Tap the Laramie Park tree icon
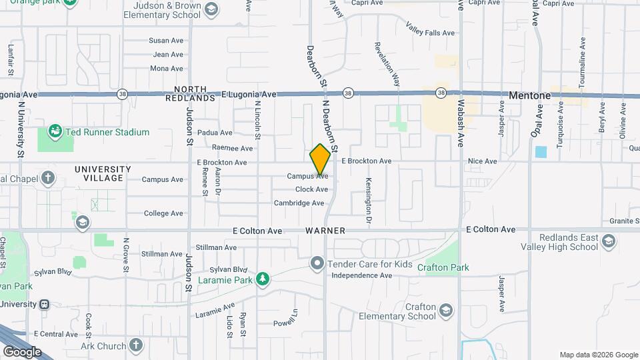click(x=263, y=279)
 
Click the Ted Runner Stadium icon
click(x=55, y=132)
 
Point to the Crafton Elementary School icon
click(x=445, y=310)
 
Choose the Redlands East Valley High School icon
click(x=608, y=241)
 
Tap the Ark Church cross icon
click(x=136, y=345)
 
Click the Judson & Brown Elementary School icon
click(x=211, y=9)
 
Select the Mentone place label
click(x=529, y=95)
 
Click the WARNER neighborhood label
click(x=325, y=231)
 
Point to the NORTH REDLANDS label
click(x=195, y=93)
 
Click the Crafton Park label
click(x=443, y=267)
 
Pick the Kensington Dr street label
click(x=367, y=199)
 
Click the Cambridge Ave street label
click(x=299, y=203)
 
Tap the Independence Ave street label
click(x=359, y=275)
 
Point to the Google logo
click(x=22, y=351)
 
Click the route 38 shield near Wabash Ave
click(x=441, y=93)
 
